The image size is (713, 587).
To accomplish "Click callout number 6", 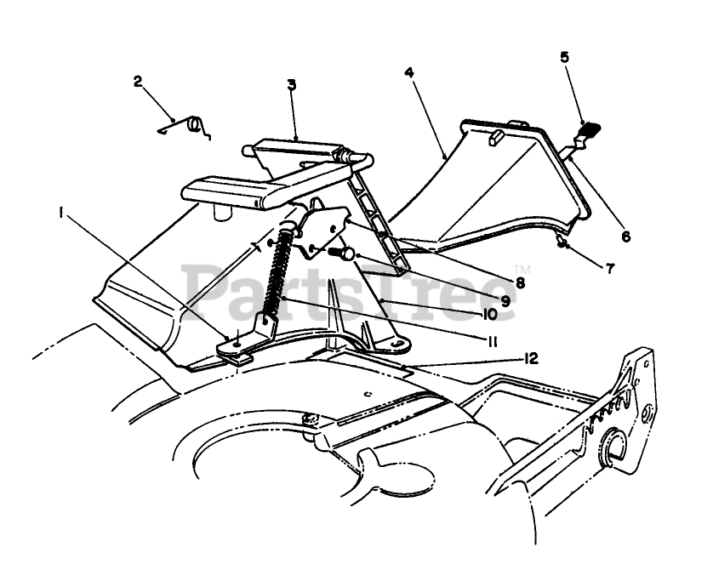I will tap(625, 237).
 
